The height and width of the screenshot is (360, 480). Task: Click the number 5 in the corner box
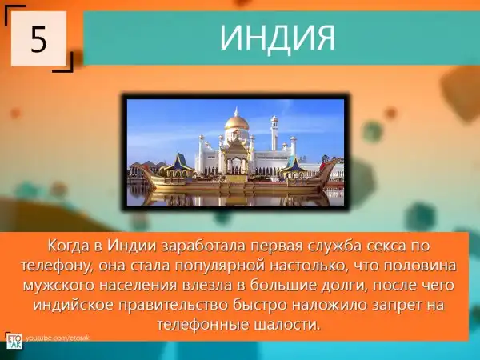[x=38, y=39]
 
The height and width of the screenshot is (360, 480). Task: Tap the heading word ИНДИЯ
[x=278, y=38]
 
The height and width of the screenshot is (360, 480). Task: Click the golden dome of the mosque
[x=236, y=122]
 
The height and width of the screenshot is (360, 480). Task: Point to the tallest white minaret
[x=274, y=132]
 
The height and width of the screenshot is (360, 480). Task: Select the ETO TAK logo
[x=14, y=341]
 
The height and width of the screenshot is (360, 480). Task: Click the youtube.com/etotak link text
[x=58, y=338]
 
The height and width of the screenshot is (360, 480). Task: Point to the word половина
[x=420, y=266]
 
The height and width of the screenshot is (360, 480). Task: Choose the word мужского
[x=59, y=286]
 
